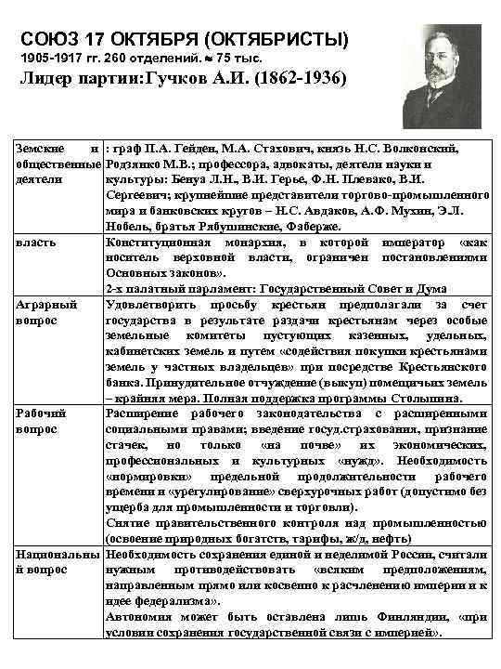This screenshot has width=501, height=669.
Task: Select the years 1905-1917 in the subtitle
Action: (x=53, y=58)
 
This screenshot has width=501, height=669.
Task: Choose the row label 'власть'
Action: (x=36, y=242)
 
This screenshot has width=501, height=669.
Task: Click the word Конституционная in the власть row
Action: (x=154, y=242)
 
